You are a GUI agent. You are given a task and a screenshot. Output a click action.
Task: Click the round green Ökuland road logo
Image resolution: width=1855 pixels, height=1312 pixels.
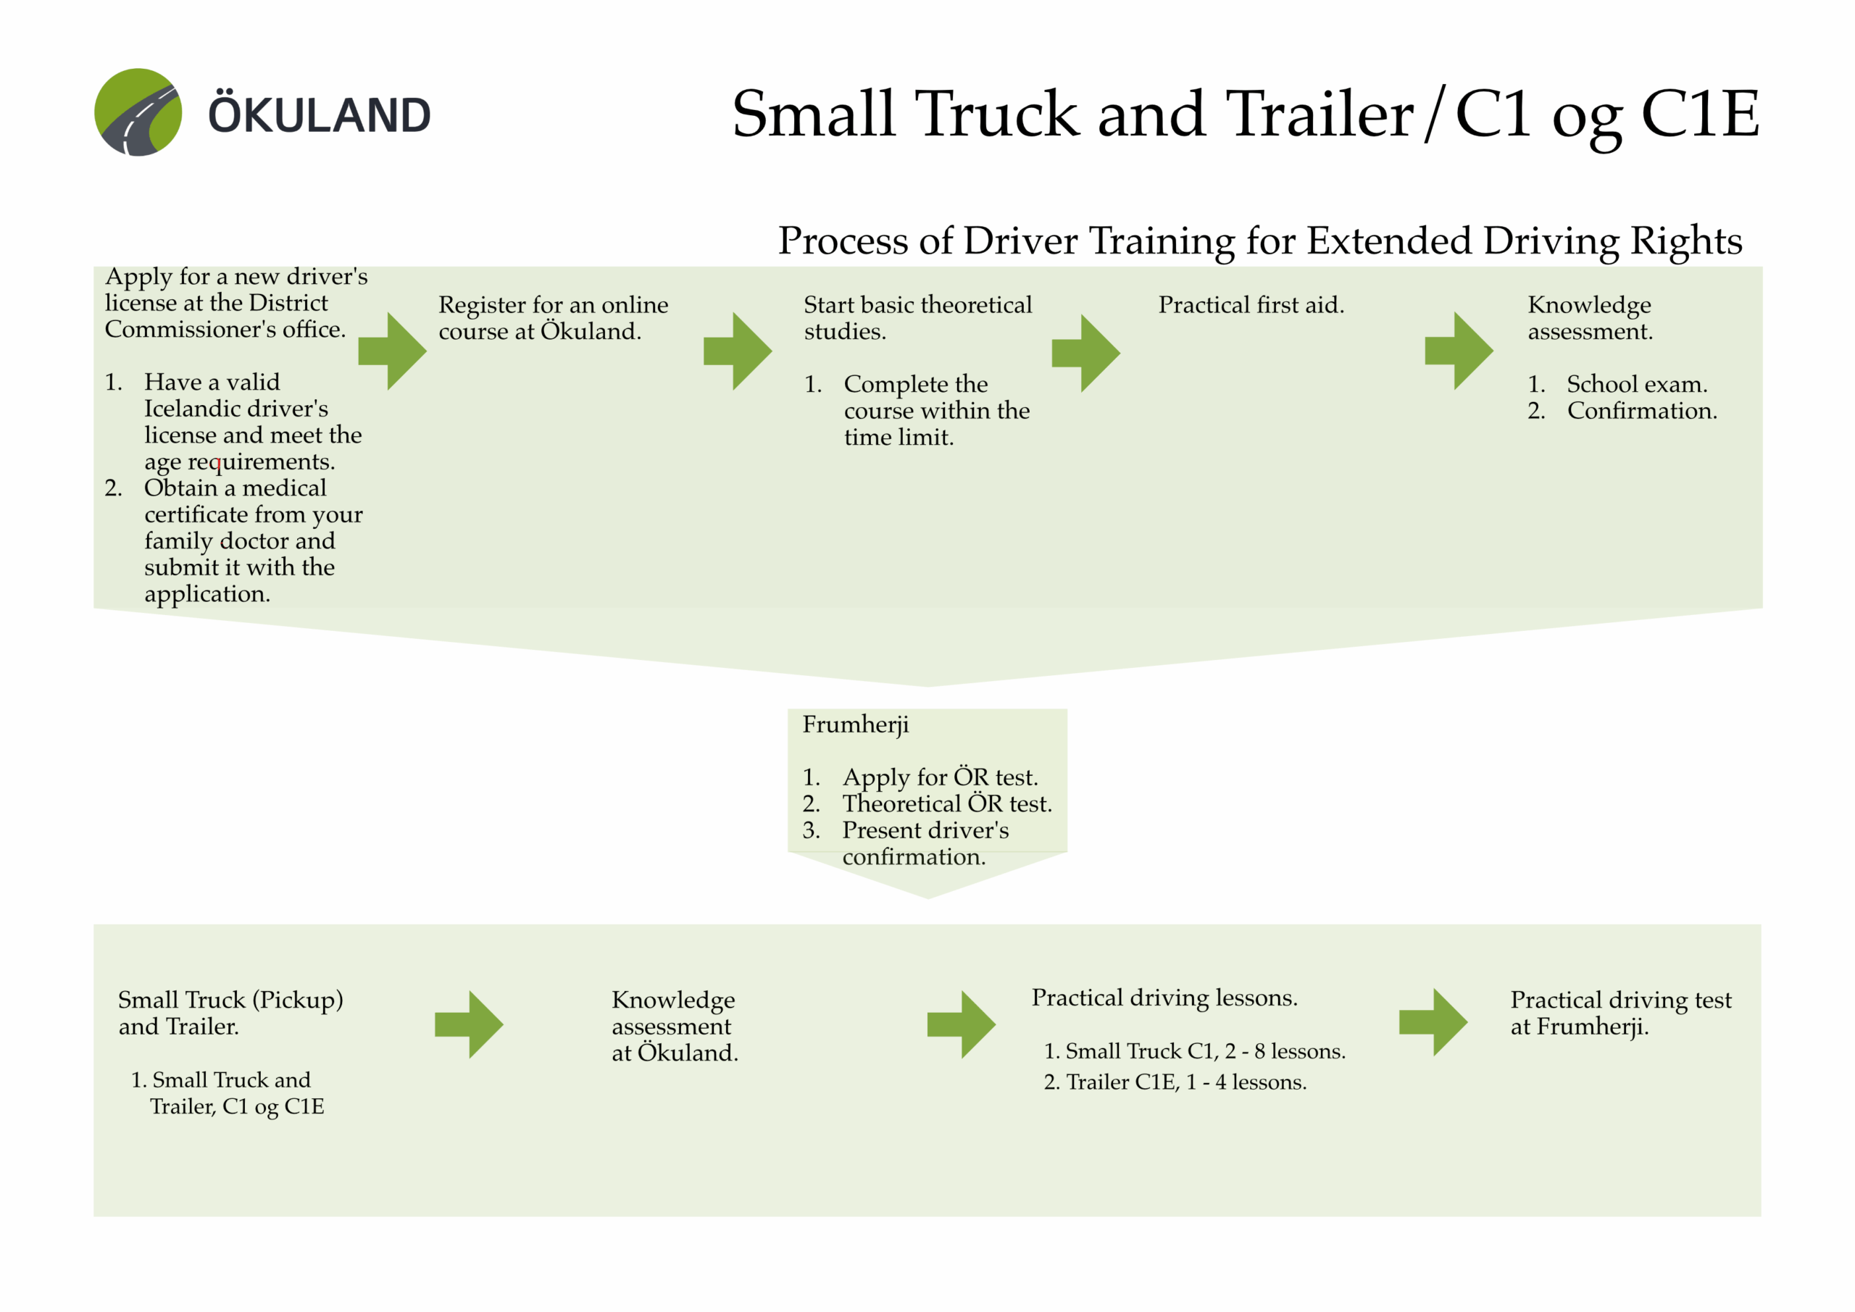[138, 112]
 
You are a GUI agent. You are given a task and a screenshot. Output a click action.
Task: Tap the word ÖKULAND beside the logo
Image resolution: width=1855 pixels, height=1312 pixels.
[320, 114]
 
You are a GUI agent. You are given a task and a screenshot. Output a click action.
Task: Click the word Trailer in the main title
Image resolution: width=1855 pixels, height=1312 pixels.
[1319, 114]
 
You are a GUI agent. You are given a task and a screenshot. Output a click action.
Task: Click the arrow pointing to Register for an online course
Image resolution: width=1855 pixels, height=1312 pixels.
[393, 351]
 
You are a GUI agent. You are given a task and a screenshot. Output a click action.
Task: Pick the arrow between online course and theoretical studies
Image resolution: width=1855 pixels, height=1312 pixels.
[738, 351]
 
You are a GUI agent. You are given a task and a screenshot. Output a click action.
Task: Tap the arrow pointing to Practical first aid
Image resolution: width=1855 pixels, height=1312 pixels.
[1086, 353]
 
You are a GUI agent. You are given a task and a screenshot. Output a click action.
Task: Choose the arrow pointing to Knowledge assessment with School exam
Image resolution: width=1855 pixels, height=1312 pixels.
[1459, 351]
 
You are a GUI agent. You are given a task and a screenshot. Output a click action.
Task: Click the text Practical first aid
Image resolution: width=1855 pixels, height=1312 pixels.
[1251, 306]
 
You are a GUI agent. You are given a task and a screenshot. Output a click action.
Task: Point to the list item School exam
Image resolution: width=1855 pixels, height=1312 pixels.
[1637, 384]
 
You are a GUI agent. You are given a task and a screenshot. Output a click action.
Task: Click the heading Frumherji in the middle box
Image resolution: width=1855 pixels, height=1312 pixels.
[856, 724]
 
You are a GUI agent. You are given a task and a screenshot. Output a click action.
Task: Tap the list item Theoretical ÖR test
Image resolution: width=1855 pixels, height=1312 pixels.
[947, 804]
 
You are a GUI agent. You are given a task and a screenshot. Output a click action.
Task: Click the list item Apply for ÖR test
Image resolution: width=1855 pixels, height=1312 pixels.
[940, 777]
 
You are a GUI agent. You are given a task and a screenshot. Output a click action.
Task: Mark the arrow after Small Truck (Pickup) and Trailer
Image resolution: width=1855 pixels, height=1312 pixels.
[470, 1024]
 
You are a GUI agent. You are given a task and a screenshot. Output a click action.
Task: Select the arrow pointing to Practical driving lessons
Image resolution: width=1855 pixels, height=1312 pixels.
[962, 1024]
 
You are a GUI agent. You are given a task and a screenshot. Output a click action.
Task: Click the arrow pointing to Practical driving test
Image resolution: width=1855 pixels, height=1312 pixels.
[1433, 1022]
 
